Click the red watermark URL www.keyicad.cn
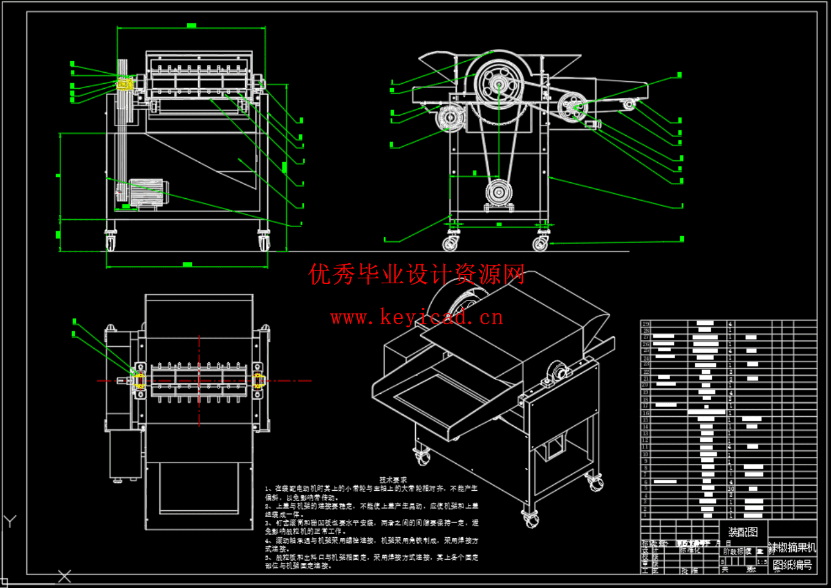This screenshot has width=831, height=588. pyautogui.click(x=416, y=317)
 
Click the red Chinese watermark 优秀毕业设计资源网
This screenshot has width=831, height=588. pyautogui.click(x=416, y=275)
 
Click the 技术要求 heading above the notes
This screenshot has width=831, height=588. pyautogui.click(x=393, y=480)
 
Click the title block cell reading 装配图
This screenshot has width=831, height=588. pyautogui.click(x=743, y=532)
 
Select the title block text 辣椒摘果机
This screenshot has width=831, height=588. pyautogui.click(x=792, y=547)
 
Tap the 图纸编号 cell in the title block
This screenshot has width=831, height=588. pyautogui.click(x=792, y=564)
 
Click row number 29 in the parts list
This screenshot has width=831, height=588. pyautogui.click(x=645, y=323)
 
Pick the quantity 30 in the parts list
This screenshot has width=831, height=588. pyautogui.click(x=730, y=488)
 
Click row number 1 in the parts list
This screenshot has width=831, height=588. pyautogui.click(x=645, y=515)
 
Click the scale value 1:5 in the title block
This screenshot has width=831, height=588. pyautogui.click(x=761, y=562)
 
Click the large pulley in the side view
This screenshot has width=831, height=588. pyautogui.click(x=499, y=84)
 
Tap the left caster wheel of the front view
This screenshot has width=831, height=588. pyautogui.click(x=110, y=242)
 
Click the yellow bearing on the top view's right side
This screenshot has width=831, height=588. pyautogui.click(x=259, y=381)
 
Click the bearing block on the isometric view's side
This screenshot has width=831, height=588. pyautogui.click(x=558, y=372)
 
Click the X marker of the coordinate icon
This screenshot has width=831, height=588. pyautogui.click(x=64, y=576)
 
